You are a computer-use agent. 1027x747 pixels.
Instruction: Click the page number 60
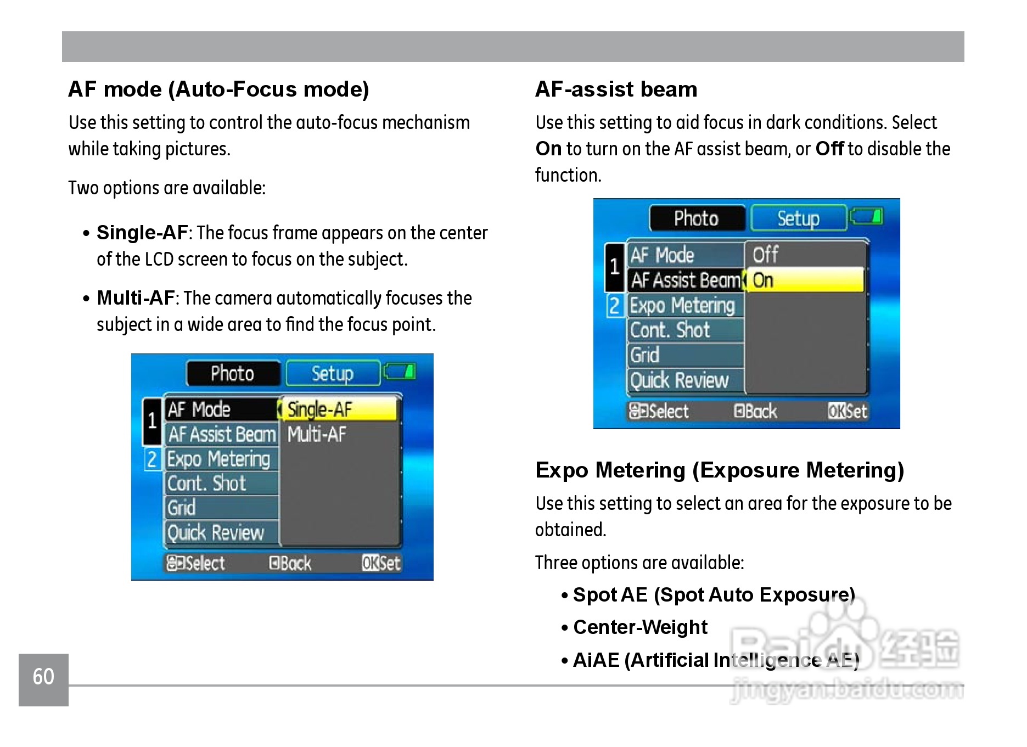(x=43, y=677)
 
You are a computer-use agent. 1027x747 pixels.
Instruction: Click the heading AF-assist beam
(x=616, y=89)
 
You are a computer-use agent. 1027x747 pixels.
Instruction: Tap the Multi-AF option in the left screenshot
(x=317, y=435)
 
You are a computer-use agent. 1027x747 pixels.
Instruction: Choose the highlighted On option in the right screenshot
(x=805, y=280)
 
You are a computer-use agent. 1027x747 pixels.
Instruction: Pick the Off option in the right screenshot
(x=765, y=255)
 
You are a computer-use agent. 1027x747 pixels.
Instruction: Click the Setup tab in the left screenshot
(x=333, y=374)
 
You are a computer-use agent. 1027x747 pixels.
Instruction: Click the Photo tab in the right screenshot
(x=696, y=218)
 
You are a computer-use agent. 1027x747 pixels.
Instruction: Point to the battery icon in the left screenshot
(x=400, y=372)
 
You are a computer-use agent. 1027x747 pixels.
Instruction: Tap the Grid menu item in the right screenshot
(x=645, y=355)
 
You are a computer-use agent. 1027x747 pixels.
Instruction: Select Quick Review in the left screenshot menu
(x=216, y=533)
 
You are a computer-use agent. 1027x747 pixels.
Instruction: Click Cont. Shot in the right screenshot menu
(x=670, y=330)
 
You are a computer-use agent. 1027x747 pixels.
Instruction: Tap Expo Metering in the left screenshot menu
(x=218, y=459)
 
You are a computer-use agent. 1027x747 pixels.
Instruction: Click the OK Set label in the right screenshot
(x=848, y=411)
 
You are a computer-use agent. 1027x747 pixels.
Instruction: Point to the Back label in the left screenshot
(x=290, y=563)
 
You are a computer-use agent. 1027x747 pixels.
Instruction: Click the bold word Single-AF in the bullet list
(x=142, y=233)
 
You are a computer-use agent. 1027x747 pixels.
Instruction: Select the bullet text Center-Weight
(x=640, y=627)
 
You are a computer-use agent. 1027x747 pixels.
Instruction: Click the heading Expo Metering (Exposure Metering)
(x=719, y=470)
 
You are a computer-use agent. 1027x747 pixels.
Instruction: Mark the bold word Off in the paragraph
(x=829, y=149)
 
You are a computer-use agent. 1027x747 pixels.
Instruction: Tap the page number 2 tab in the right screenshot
(x=614, y=306)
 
